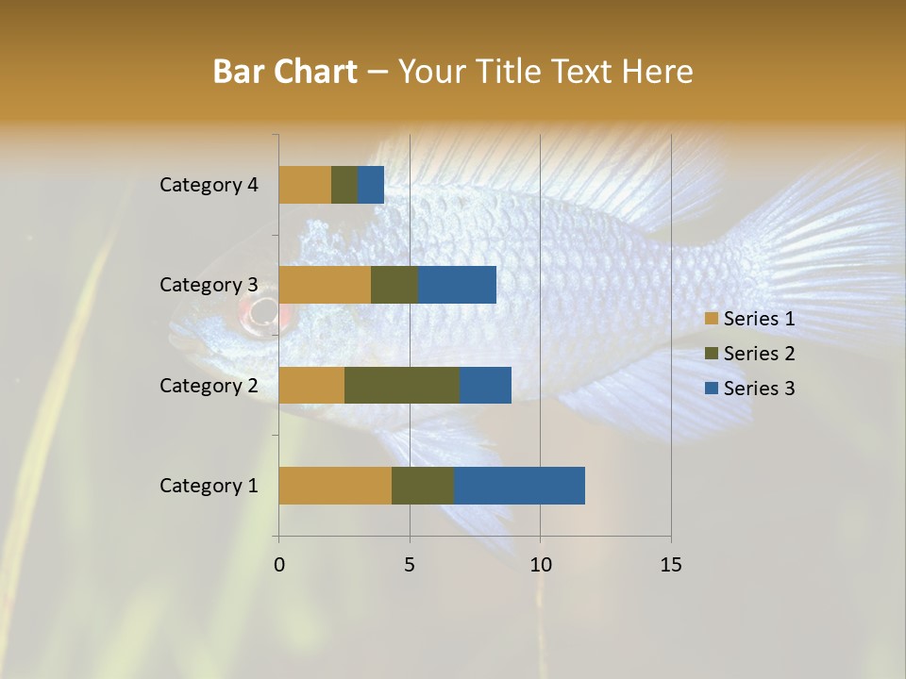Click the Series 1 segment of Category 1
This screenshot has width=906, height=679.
pyautogui.click(x=335, y=486)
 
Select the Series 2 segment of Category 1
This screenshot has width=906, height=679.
pyautogui.click(x=423, y=486)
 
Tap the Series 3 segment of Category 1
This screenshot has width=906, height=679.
pyautogui.click(x=519, y=486)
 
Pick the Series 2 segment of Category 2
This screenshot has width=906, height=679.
pyautogui.click(x=402, y=385)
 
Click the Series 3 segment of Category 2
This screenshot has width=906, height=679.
pyautogui.click(x=485, y=385)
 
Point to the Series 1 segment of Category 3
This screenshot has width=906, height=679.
pyautogui.click(x=325, y=285)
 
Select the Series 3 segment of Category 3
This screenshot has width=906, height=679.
pyautogui.click(x=457, y=285)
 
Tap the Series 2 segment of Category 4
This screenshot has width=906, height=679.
pyautogui.click(x=344, y=185)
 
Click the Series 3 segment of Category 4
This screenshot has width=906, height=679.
pyautogui.click(x=371, y=185)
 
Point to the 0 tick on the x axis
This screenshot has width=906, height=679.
pyautogui.click(x=279, y=565)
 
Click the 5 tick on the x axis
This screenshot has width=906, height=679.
pyautogui.click(x=410, y=565)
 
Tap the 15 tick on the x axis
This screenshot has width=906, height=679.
pyautogui.click(x=670, y=565)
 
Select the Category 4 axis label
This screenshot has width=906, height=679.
pyautogui.click(x=209, y=185)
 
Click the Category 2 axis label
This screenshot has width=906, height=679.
pyautogui.click(x=209, y=385)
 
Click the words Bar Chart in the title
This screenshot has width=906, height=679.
pyautogui.click(x=285, y=72)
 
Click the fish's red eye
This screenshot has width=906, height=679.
pyautogui.click(x=263, y=312)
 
